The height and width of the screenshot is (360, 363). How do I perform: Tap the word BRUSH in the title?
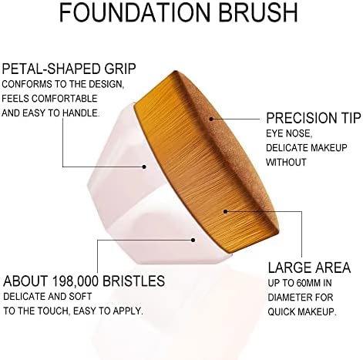(x=259, y=12)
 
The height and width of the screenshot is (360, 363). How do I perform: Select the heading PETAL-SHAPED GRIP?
(x=69, y=69)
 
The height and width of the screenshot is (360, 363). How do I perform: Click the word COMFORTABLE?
(x=65, y=99)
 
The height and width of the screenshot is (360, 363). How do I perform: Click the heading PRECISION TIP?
(x=314, y=118)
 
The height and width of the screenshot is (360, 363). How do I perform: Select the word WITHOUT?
(x=286, y=162)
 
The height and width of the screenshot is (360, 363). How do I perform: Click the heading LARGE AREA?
(x=309, y=267)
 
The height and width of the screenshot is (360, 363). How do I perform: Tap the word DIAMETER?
(x=288, y=298)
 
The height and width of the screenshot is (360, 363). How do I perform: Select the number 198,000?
(x=76, y=281)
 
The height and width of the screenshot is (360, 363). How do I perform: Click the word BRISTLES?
(x=133, y=281)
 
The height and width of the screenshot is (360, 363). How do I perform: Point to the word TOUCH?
(x=54, y=311)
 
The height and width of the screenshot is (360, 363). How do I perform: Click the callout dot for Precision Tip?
(x=211, y=119)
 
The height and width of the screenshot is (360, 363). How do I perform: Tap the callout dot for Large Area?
(x=225, y=211)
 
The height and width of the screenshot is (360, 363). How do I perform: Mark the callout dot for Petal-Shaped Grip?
(x=144, y=167)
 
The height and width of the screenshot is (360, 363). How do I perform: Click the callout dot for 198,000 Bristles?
(x=193, y=240)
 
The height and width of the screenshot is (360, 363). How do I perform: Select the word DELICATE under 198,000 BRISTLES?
(x=24, y=297)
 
